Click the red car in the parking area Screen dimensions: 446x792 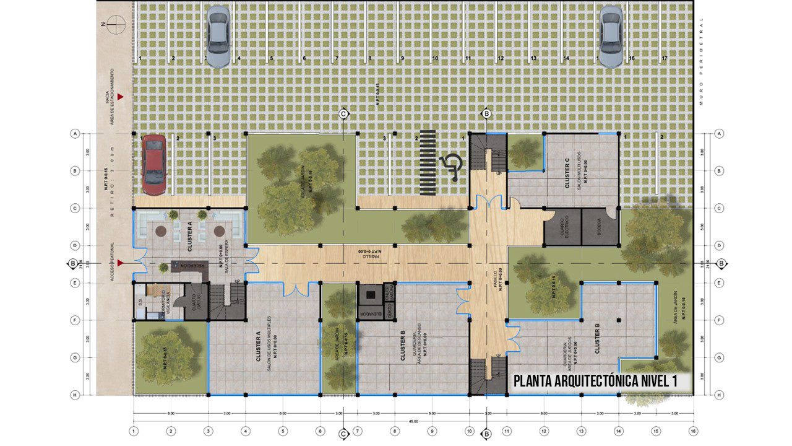point(153,163)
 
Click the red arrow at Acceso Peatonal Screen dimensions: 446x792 point(121,263)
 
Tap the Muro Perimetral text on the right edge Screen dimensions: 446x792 point(702,62)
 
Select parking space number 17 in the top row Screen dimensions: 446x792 point(664,58)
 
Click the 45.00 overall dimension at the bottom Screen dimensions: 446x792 point(413,421)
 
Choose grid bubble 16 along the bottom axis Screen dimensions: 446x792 point(693,431)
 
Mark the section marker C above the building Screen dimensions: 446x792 point(343,113)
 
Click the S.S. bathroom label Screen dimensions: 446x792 point(141,303)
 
